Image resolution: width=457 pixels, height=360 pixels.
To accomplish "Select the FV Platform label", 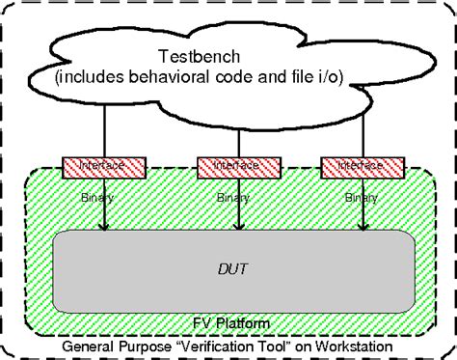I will pyautogui.click(x=228, y=322).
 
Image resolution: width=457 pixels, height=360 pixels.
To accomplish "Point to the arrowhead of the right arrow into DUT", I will pyautogui.click(x=363, y=229).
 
